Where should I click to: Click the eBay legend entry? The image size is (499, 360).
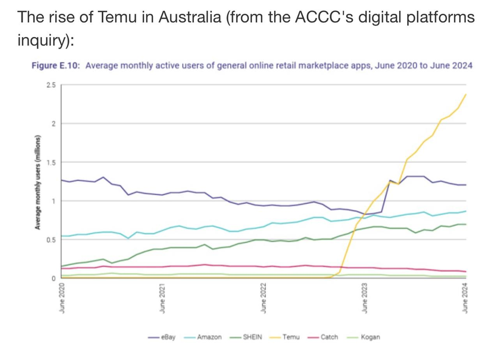tap(168, 337)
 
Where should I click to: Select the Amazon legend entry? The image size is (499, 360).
tap(209, 337)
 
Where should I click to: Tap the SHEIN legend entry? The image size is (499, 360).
tap(252, 337)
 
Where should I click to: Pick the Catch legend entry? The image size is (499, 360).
tap(329, 337)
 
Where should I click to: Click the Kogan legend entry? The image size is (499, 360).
tap(370, 337)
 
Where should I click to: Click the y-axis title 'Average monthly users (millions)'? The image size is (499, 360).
tap(38, 182)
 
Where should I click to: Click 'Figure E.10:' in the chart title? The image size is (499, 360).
tap(56, 65)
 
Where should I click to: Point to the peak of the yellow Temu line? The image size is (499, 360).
tap(465, 94)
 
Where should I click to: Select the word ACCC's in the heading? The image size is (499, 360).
tap(322, 18)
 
